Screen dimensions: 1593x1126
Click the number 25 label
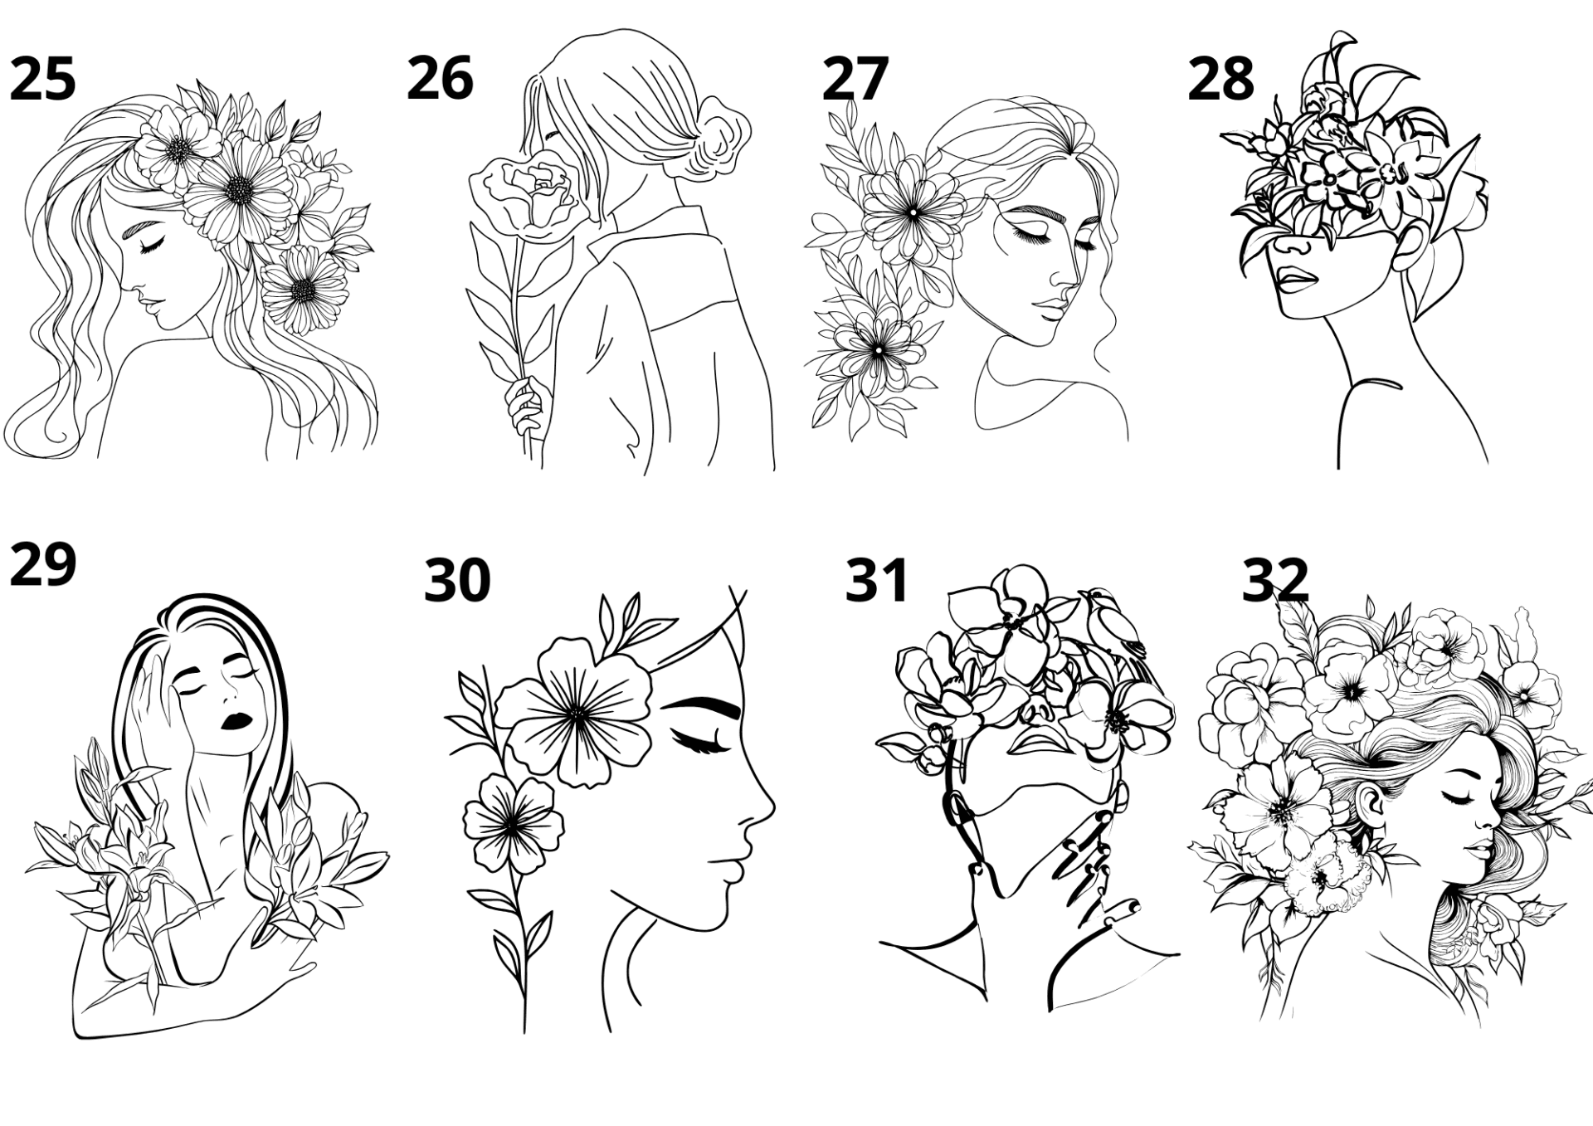(x=42, y=80)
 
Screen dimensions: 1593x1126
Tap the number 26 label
(x=440, y=78)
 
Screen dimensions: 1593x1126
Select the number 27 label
(x=855, y=80)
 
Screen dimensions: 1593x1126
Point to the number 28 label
(x=1220, y=80)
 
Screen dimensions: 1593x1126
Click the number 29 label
(x=42, y=564)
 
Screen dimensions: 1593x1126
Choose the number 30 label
(x=457, y=580)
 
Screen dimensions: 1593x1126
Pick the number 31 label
(x=877, y=580)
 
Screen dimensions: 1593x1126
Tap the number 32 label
(x=1275, y=580)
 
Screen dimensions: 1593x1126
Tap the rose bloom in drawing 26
(x=525, y=193)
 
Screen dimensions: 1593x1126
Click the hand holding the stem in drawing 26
(x=525, y=407)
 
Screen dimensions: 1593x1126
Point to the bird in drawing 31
(x=1113, y=622)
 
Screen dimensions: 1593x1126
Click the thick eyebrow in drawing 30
(x=703, y=708)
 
